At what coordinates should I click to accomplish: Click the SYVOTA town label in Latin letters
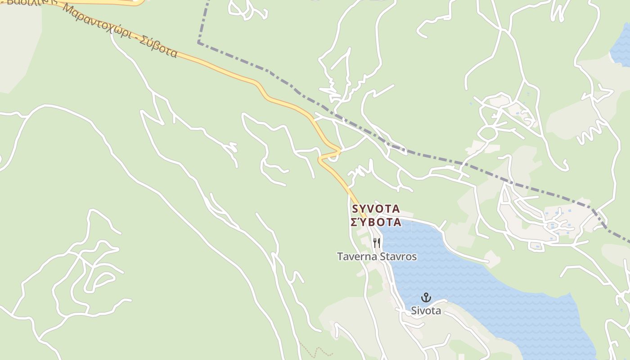click(376, 209)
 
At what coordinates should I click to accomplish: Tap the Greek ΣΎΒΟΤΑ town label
click(376, 222)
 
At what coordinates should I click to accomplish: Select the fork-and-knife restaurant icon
click(377, 243)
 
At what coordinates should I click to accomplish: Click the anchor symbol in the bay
click(426, 297)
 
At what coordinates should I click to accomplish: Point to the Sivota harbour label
click(426, 310)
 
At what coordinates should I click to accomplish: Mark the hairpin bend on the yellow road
click(320, 158)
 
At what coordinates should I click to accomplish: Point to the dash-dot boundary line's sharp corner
click(198, 43)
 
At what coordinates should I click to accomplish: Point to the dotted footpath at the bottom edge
click(315, 350)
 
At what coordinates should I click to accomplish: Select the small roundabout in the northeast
click(487, 133)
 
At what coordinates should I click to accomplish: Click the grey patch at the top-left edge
click(18, 45)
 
